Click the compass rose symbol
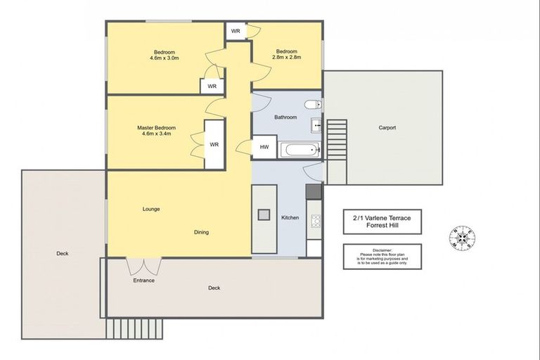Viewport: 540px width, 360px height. click(463, 238)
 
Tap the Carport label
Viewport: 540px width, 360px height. click(387, 128)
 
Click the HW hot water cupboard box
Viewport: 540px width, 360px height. click(264, 147)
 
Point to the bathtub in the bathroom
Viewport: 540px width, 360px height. click(300, 149)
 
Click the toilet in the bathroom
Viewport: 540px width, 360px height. click(313, 105)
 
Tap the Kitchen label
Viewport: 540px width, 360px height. click(290, 218)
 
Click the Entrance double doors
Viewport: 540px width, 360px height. click(143, 266)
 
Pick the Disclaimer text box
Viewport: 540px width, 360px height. click(382, 257)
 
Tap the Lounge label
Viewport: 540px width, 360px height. click(151, 209)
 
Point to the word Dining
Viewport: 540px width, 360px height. click(202, 232)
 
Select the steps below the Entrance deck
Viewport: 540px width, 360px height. click(135, 327)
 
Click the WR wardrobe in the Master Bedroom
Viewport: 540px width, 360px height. click(214, 145)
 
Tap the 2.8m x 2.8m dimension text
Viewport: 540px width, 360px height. click(286, 58)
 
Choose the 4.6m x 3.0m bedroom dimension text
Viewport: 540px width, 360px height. click(165, 58)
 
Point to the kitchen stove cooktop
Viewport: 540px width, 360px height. click(314, 223)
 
